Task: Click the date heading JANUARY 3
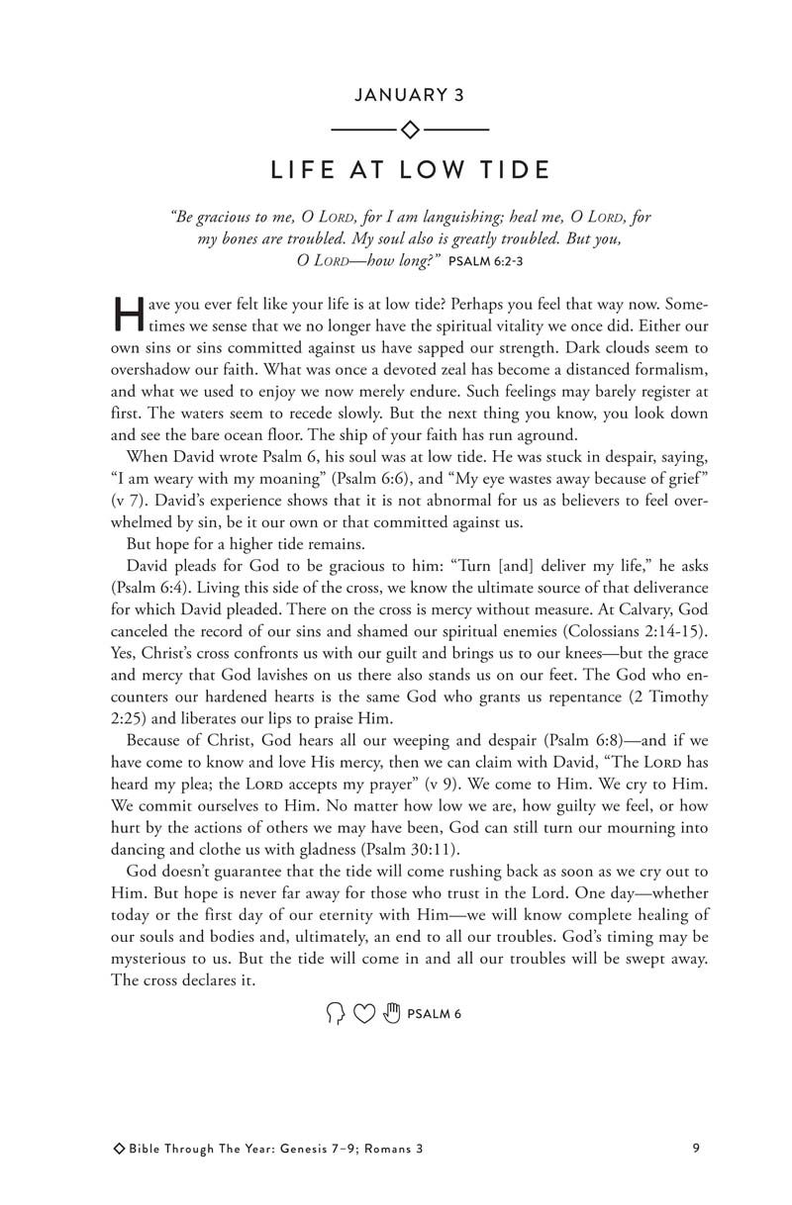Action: click(409, 95)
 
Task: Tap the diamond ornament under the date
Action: click(409, 130)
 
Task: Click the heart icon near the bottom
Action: click(364, 1013)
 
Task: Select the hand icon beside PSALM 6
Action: click(392, 1013)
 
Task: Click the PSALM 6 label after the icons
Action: click(435, 1014)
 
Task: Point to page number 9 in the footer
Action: click(697, 1149)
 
